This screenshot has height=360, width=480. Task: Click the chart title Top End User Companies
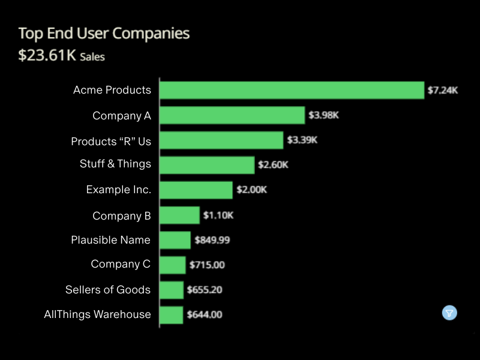coord(104,34)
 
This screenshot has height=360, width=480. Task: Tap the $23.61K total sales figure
coord(47,56)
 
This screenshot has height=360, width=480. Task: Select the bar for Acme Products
coord(292,90)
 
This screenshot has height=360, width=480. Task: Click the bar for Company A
coord(232,115)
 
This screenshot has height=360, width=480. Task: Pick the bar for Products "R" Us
coord(221,140)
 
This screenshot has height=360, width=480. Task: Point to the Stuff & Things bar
coord(207,165)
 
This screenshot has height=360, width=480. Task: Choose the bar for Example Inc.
coord(196,190)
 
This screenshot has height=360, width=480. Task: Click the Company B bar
coord(180,215)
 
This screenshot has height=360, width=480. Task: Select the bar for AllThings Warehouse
coord(172,315)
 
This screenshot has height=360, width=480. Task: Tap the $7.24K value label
coord(443,91)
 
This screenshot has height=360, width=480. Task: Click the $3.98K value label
coord(323,115)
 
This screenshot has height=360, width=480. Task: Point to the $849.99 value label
coord(212,240)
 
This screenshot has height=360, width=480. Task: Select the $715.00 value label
coord(207,265)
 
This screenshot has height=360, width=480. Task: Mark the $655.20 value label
coord(205,290)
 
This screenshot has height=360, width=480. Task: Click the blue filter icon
coord(449,313)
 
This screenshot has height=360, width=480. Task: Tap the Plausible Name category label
coord(110,240)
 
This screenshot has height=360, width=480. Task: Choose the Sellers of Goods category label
coord(108,290)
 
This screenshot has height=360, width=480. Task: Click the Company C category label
coord(121,264)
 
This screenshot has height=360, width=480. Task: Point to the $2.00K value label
coord(251,190)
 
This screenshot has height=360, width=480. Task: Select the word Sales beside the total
coord(92,57)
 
